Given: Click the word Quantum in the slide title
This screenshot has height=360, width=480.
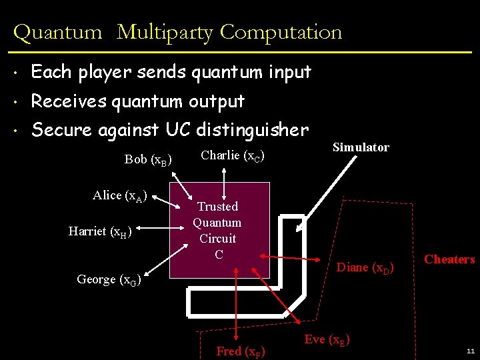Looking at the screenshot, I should click(x=57, y=32).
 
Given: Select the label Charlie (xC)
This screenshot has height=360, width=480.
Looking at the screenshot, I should click(x=233, y=156).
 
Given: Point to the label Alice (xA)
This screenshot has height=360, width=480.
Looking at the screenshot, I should click(x=120, y=195).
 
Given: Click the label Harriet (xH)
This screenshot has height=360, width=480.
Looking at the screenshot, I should click(x=100, y=231).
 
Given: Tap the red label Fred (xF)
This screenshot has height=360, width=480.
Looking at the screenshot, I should click(x=240, y=351).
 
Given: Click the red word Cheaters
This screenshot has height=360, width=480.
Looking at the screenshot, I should click(x=449, y=259).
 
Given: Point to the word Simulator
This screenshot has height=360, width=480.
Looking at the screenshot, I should click(x=361, y=147).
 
